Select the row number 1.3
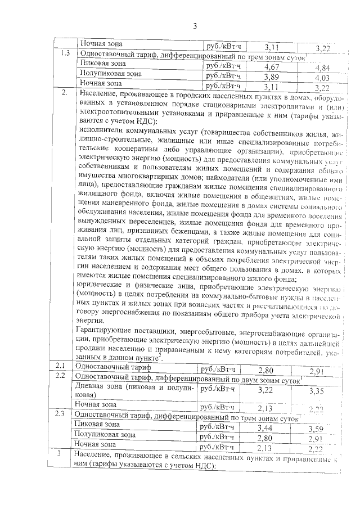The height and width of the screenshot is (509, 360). (65, 55)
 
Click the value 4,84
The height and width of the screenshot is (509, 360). (322, 69)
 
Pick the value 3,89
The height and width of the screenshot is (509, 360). (271, 77)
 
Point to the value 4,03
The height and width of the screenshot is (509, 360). (322, 79)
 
